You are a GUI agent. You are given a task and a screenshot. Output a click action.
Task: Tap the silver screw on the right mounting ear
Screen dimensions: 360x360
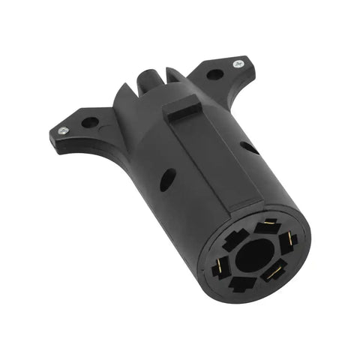tap(238, 64)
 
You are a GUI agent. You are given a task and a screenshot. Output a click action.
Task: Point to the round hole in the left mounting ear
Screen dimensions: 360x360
tap(89, 121)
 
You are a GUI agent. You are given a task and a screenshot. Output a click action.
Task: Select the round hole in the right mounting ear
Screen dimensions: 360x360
tap(214, 75)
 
